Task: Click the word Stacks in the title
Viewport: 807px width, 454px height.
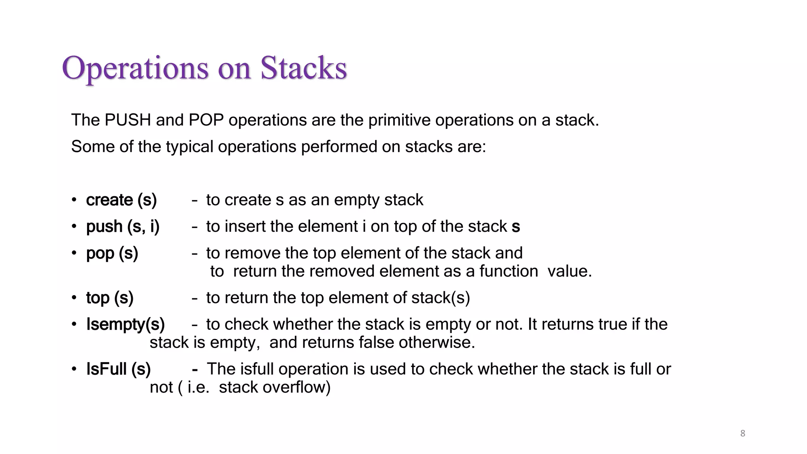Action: coord(303,69)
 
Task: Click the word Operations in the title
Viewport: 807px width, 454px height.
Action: coord(135,69)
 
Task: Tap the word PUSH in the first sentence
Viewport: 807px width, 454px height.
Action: coord(128,120)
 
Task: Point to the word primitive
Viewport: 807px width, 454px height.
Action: coord(399,120)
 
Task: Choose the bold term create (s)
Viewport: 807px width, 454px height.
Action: coord(121,200)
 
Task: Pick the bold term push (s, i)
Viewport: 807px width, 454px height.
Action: coord(123,227)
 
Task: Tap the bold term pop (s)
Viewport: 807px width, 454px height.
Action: coord(112,253)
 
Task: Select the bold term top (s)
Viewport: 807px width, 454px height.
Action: coord(110,298)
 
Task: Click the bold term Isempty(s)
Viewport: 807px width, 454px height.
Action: coord(125,324)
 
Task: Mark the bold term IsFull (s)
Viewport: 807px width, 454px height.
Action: coord(119,369)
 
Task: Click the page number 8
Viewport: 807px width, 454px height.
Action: coord(743,434)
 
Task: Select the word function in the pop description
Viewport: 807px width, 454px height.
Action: coord(508,272)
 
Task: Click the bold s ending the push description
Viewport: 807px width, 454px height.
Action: coord(516,227)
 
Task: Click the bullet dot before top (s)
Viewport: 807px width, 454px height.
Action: coord(74,298)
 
